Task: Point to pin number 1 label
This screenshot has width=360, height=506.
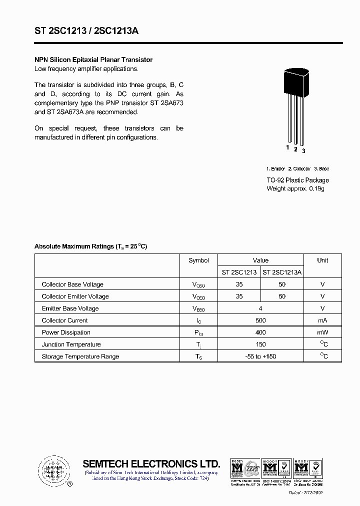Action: pyautogui.click(x=287, y=147)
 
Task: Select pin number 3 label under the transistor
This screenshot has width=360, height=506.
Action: pyautogui.click(x=303, y=151)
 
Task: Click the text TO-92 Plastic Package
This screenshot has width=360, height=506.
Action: pyautogui.click(x=297, y=180)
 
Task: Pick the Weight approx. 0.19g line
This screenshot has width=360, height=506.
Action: pyautogui.click(x=295, y=188)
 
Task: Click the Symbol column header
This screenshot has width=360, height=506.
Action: pyautogui.click(x=198, y=260)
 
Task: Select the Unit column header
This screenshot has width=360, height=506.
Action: pyautogui.click(x=322, y=260)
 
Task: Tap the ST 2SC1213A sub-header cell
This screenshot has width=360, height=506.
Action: pyautogui.click(x=282, y=272)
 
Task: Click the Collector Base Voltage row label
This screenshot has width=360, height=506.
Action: pyautogui.click(x=72, y=284)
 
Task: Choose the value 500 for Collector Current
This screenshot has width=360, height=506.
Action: pyautogui.click(x=260, y=320)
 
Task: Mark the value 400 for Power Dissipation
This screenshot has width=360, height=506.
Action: pyautogui.click(x=260, y=332)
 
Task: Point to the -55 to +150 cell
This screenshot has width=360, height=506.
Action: pyautogui.click(x=260, y=356)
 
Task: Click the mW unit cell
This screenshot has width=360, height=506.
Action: pyautogui.click(x=322, y=332)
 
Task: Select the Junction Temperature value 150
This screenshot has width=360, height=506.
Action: pyautogui.click(x=260, y=344)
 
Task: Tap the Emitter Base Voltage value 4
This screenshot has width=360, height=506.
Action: pyautogui.click(x=260, y=308)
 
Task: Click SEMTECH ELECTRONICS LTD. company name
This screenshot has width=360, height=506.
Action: pyautogui.click(x=151, y=463)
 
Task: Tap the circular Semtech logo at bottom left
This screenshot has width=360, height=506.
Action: pyautogui.click(x=52, y=470)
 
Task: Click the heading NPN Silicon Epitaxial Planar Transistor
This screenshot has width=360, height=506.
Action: pyautogui.click(x=93, y=60)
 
